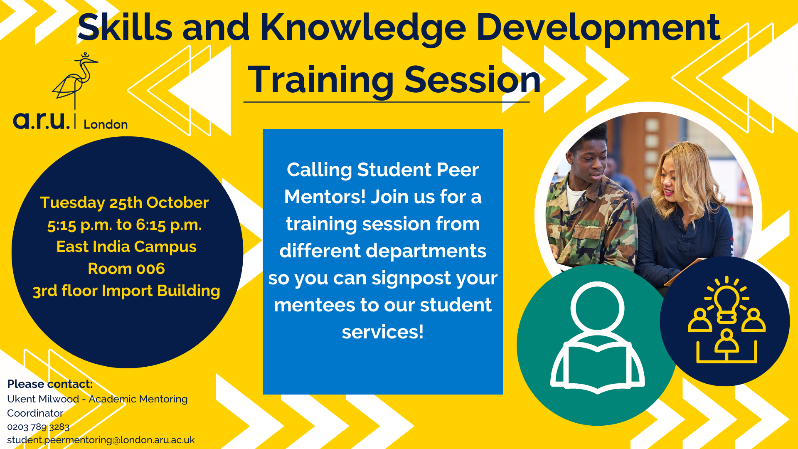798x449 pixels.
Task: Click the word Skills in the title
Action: click(125, 27)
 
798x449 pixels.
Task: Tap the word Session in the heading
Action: click(473, 80)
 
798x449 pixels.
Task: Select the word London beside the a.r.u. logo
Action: click(106, 124)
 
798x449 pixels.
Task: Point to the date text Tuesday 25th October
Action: click(124, 202)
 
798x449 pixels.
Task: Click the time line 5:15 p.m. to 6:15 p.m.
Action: click(124, 225)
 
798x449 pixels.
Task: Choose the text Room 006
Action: click(126, 269)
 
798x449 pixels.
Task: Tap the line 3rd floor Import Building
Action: click(126, 291)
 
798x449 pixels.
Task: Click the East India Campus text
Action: click(126, 247)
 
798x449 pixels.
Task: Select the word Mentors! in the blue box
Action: click(324, 197)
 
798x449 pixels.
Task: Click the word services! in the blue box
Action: click(382, 332)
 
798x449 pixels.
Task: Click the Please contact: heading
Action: click(50, 384)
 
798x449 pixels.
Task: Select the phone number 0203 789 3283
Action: click(38, 427)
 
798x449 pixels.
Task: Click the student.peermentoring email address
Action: click(101, 440)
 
